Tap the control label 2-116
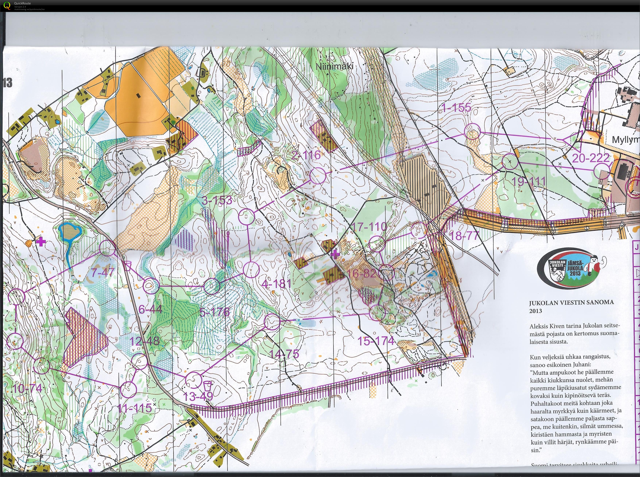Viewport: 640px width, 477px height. (306, 155)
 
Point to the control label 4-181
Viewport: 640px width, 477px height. (276, 284)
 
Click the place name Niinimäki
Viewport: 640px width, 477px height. (334, 66)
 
